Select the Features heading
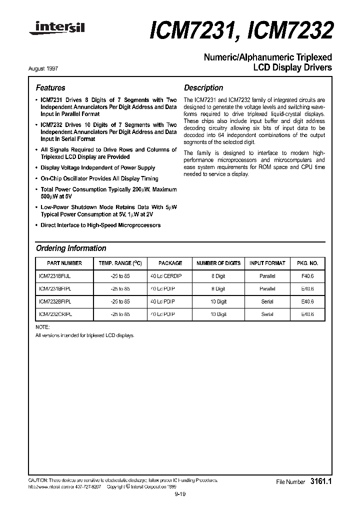coord(50,88)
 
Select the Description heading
coord(203,88)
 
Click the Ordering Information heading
coord(71,248)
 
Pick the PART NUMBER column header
coord(64,263)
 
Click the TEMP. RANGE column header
coord(120,263)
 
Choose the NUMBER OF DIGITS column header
coord(218,263)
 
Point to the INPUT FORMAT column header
coord(267,263)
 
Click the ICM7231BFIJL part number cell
coord(55,275)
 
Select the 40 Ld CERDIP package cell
coord(165,275)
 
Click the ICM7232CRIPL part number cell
coord(55,314)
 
